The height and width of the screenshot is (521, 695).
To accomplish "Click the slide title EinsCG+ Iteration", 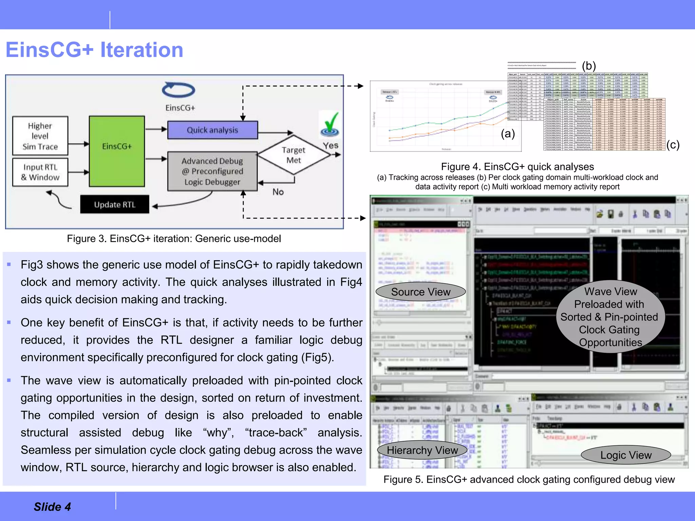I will [94, 50].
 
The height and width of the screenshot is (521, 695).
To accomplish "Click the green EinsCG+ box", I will [117, 151].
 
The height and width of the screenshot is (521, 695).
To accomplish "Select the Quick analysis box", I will [212, 130].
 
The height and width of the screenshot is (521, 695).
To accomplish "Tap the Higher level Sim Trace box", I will [40, 136].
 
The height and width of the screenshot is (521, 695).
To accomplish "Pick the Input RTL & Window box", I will [40, 172].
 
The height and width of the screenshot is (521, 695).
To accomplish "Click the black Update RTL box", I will [115, 204].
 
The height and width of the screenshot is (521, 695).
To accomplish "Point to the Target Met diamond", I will [294, 155].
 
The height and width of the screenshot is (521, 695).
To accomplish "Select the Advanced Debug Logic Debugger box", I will [212, 171].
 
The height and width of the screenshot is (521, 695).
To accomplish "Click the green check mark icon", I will [330, 124].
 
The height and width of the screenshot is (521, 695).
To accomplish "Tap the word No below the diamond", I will [278, 192].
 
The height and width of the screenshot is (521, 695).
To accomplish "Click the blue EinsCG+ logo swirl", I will [179, 90].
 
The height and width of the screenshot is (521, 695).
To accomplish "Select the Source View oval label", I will [421, 292].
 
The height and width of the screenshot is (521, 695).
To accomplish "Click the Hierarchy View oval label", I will [422, 450].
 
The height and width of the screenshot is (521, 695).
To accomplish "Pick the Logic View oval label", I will [626, 455].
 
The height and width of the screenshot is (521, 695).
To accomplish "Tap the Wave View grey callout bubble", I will [610, 316].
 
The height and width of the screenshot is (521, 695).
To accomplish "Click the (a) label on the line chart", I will [508, 134].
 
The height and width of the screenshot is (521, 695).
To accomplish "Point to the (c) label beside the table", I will [673, 145].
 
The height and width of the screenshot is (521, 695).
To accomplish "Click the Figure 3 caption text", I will [174, 238].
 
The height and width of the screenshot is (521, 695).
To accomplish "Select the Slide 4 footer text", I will [52, 506].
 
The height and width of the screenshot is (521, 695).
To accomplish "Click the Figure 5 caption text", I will [529, 479].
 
